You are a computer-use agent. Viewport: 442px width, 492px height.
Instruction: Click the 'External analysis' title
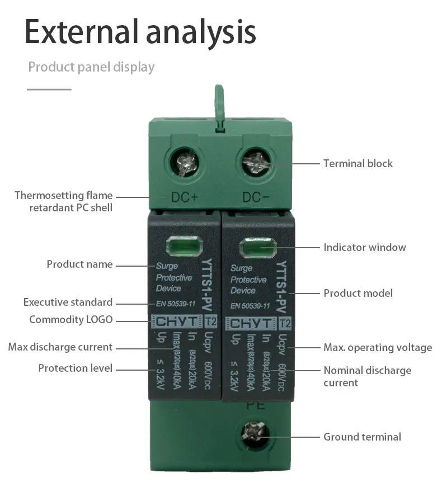tap(140, 32)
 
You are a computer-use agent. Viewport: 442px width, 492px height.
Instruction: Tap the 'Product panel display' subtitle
tap(91, 68)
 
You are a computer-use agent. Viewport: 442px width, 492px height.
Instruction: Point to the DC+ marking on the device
tap(184, 197)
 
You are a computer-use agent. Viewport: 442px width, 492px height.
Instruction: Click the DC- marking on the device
tap(256, 197)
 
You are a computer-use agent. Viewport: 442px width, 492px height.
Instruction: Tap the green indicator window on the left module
tap(183, 246)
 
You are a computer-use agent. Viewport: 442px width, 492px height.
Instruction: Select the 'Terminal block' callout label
tap(358, 164)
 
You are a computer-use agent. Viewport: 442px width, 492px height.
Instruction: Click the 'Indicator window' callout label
tap(364, 247)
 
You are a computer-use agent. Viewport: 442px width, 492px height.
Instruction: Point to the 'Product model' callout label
tap(358, 293)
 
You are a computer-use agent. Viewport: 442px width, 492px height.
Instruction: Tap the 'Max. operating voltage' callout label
tap(377, 348)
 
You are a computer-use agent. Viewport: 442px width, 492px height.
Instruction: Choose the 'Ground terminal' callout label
tap(362, 437)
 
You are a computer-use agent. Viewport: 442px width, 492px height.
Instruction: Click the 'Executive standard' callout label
tap(68, 302)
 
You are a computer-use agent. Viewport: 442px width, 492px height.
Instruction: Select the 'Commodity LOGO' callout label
tap(70, 320)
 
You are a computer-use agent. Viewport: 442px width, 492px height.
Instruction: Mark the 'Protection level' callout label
tap(75, 368)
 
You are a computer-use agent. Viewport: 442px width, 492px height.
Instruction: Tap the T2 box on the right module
tap(285, 324)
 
